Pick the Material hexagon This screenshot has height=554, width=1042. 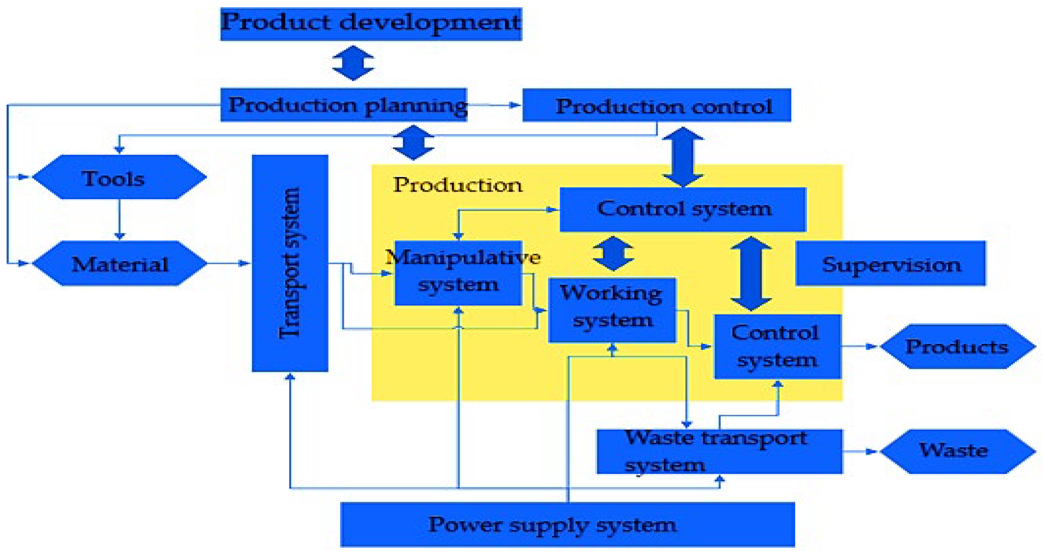click(119, 264)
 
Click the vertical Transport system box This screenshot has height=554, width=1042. click(290, 263)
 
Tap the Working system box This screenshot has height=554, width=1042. click(612, 310)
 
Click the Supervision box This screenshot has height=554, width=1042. click(890, 264)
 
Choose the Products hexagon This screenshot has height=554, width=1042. click(957, 347)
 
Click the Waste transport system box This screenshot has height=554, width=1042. click(719, 451)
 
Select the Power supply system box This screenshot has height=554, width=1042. click(567, 524)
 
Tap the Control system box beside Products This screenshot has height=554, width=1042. click(777, 347)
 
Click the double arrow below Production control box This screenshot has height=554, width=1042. click(683, 157)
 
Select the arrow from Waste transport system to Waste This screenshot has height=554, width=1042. click(861, 451)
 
